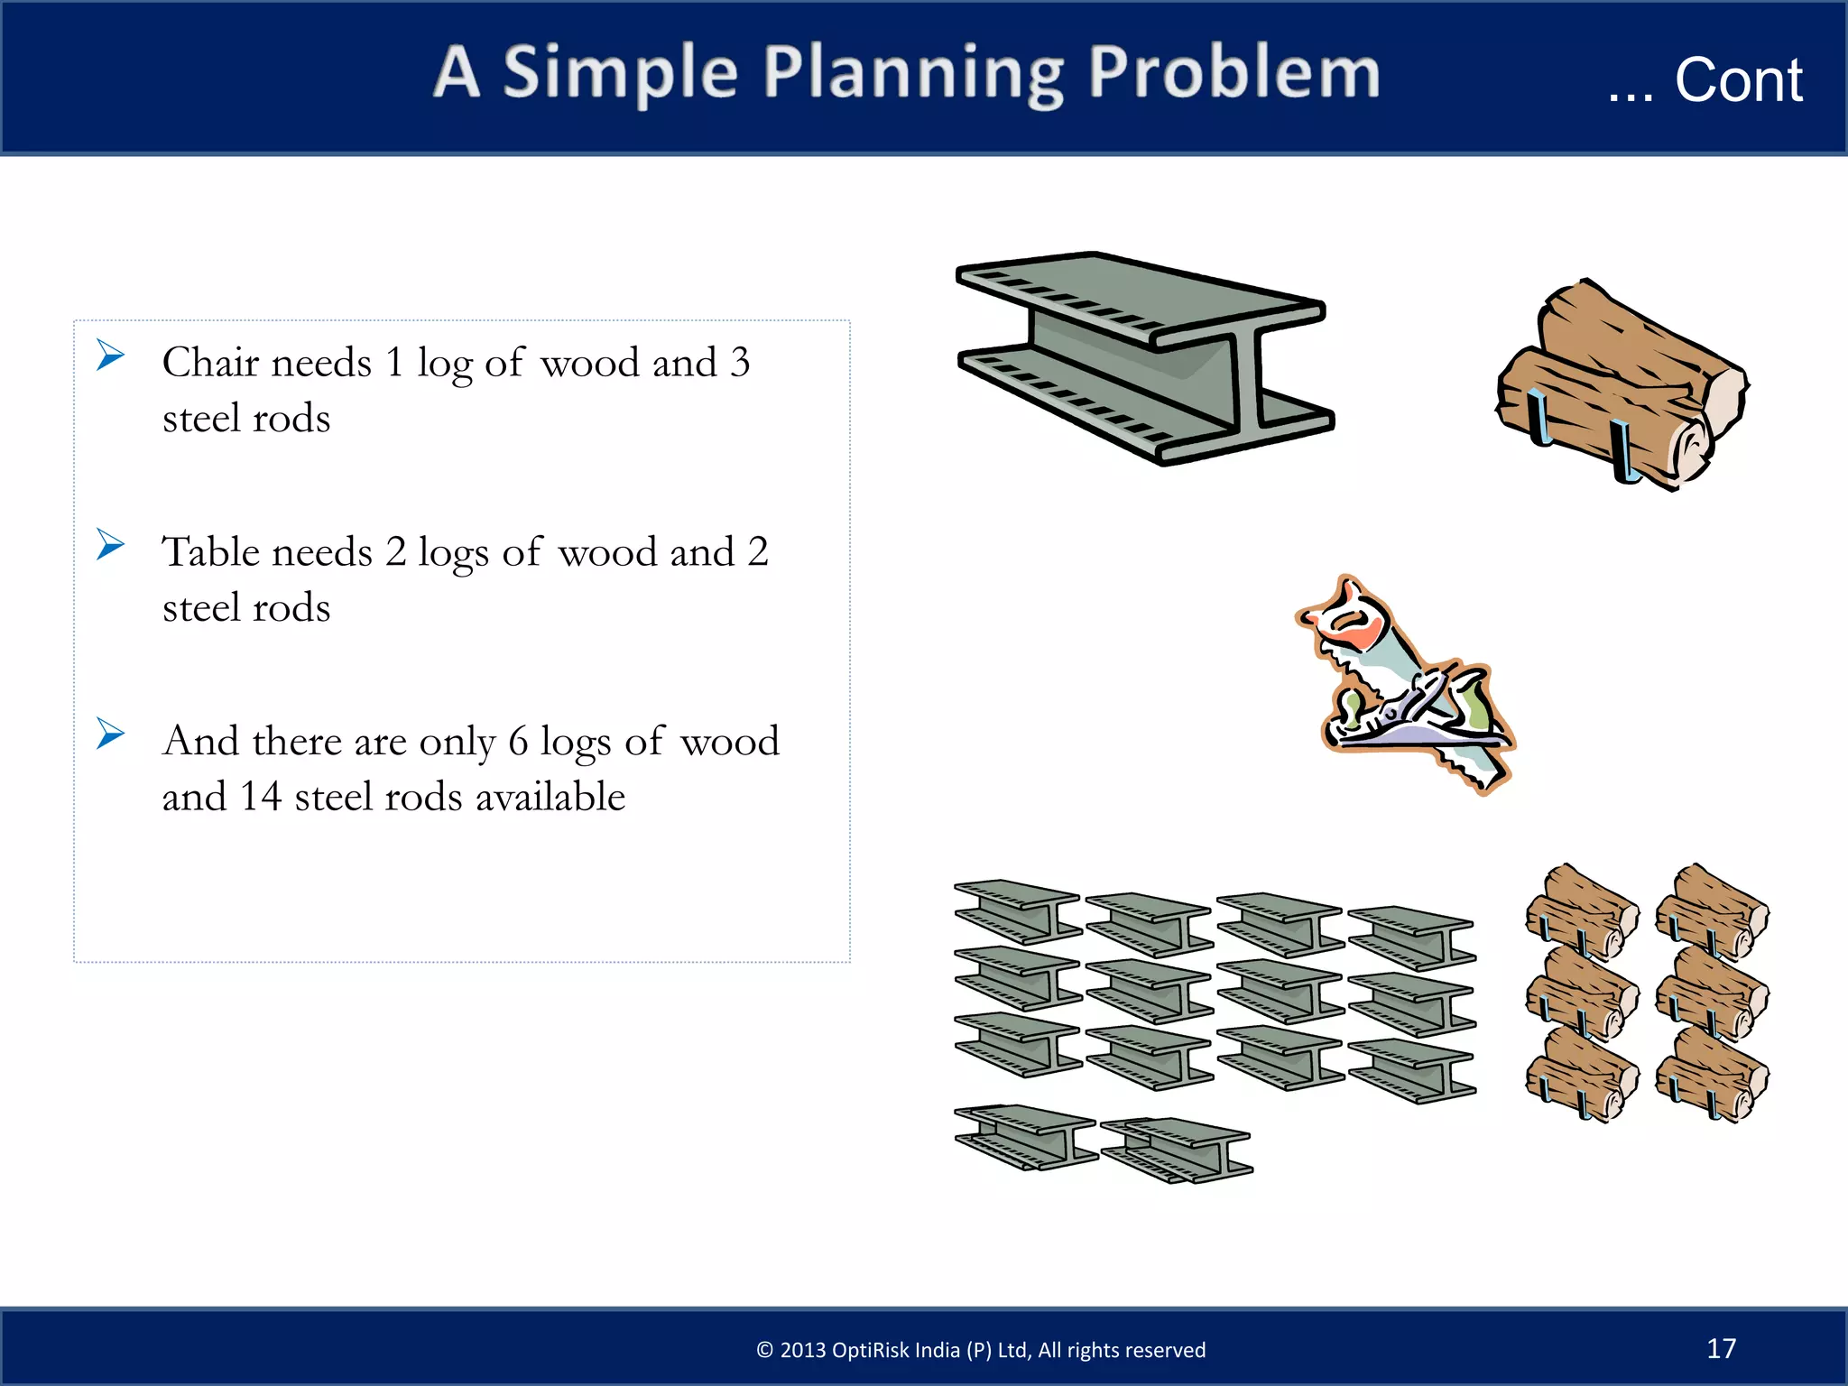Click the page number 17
coord(1721,1348)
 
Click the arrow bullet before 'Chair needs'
coord(110,355)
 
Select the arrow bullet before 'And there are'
coord(110,734)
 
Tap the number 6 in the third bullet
coord(517,742)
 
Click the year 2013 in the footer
coord(803,1350)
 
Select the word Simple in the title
coord(620,74)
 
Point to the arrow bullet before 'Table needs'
coord(110,544)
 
